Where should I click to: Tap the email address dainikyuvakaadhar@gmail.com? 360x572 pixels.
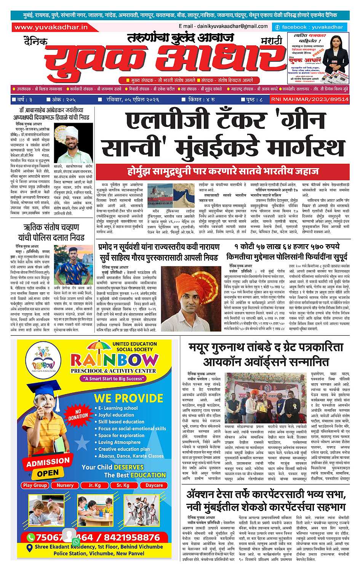223,26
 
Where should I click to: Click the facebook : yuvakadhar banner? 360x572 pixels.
309,27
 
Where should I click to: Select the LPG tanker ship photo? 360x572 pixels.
159,192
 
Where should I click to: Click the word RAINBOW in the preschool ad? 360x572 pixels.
114,359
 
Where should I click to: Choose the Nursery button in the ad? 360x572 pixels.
65,485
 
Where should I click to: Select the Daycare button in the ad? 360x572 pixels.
154,485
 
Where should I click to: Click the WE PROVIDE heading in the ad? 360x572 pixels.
128,398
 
